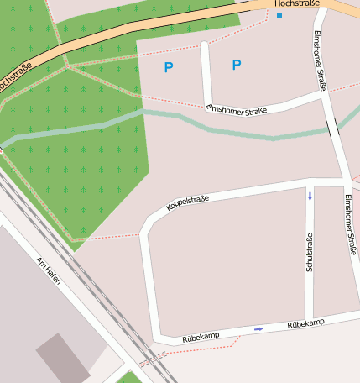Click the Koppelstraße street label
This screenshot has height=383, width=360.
tap(187, 202)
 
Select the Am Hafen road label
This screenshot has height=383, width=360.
tap(49, 270)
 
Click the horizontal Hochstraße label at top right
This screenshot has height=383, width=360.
tap(296, 4)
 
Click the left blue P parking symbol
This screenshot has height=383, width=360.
tap(169, 67)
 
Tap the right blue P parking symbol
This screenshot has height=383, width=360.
tap(236, 65)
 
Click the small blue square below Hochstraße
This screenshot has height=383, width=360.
tap(279, 15)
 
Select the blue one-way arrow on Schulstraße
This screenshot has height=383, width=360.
tap(310, 197)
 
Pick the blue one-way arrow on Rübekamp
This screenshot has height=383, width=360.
tap(258, 328)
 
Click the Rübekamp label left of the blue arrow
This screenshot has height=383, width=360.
tap(201, 336)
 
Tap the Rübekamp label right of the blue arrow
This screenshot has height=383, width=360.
tap(305, 323)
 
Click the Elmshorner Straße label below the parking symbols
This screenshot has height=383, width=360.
tap(237, 110)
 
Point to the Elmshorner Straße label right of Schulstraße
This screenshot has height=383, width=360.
tap(351, 224)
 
